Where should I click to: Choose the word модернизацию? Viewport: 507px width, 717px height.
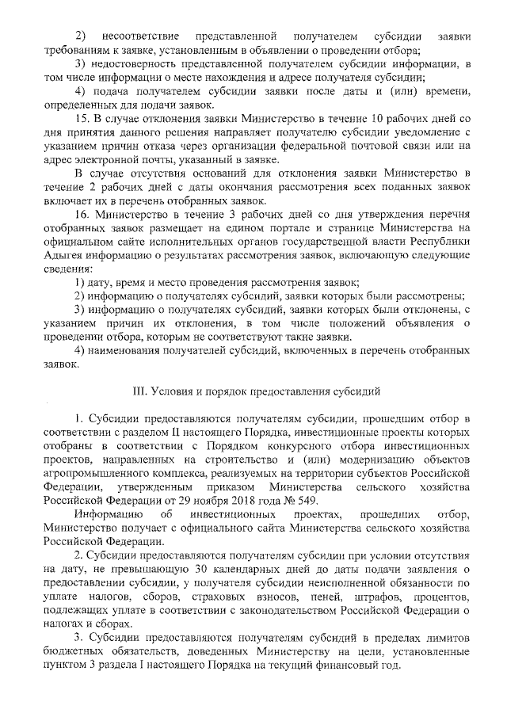(361, 459)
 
